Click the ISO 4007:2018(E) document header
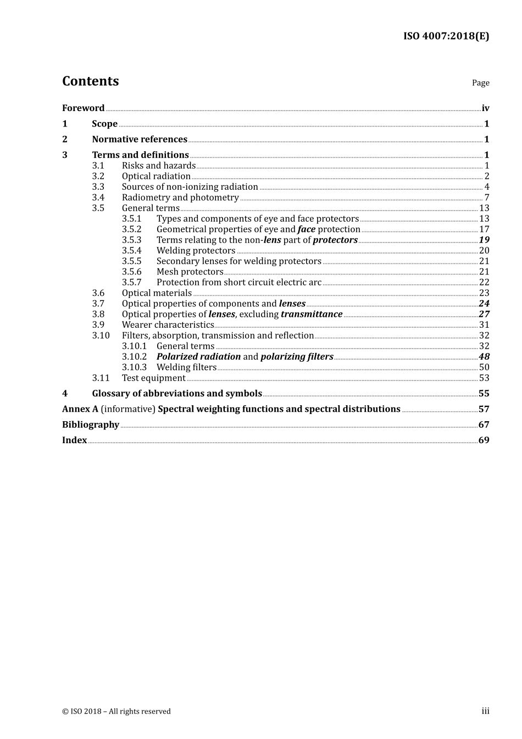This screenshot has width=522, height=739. [446, 36]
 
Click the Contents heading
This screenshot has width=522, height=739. [90, 81]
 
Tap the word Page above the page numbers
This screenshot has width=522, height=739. [480, 83]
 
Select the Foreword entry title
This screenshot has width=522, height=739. [83, 108]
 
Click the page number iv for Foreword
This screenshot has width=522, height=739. [485, 108]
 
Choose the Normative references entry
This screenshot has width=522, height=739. [140, 140]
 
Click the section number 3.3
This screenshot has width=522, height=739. [98, 187]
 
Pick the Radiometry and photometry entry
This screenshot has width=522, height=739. [180, 197]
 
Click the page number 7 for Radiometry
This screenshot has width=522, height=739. [486, 197]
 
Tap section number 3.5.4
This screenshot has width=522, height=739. [131, 251]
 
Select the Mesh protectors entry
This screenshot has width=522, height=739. [190, 272]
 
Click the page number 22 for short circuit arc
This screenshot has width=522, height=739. [484, 283]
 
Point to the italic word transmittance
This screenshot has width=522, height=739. [312, 315]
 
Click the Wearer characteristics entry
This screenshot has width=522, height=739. [168, 325]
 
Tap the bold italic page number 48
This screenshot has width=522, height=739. [484, 357]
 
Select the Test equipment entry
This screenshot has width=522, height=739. [153, 378]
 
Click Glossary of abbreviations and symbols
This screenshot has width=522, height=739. [177, 394]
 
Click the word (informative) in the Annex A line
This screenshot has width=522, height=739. [128, 409]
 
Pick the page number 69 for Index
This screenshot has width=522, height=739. [484, 440]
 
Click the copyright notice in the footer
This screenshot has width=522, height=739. [116, 712]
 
